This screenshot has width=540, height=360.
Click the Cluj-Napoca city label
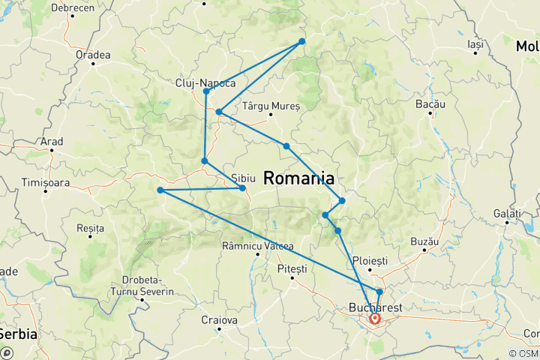coord(205,82)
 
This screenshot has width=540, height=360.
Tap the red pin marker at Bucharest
coord(373,319)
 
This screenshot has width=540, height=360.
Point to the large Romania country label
coord(298,178)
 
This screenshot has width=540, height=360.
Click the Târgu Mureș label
coord(271,106)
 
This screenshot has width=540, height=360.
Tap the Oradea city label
coord(93,55)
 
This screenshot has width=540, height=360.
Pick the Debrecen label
coord(73,7)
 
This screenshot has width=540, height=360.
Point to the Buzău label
coord(424,243)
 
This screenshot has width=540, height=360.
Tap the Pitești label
coord(292,268)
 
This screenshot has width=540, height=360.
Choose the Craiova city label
coord(219,320)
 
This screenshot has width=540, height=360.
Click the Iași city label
coord(474,44)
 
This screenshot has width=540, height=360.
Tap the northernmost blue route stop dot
coord(302,41)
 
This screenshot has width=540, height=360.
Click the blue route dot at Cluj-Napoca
coord(205,91)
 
